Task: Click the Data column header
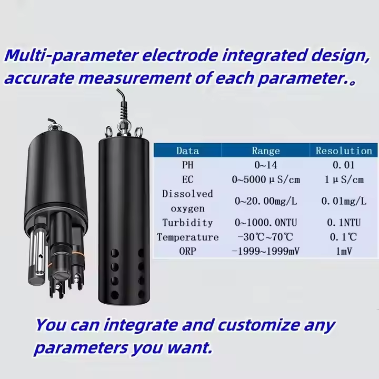[187, 151]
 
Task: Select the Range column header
[266, 151]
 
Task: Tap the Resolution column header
[344, 151]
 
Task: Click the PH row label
[187, 165]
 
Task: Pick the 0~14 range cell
[266, 165]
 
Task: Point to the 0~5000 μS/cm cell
[266, 179]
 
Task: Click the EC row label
[187, 179]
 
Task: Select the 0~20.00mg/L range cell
[266, 201]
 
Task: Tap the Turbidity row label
[187, 222]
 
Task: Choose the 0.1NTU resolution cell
[344, 222]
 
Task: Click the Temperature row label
[187, 237]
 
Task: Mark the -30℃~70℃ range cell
[265, 237]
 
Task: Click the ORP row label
[187, 252]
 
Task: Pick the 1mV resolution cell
[344, 252]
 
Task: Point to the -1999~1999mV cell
[265, 252]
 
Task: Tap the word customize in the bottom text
[258, 325]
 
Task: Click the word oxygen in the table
[187, 209]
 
